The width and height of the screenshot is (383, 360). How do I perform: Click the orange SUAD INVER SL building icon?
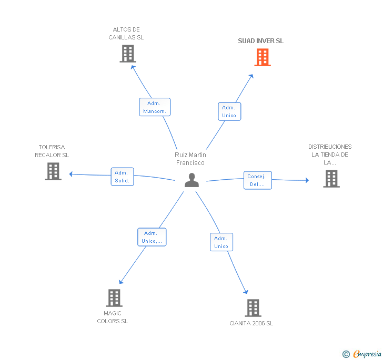tap(263, 57)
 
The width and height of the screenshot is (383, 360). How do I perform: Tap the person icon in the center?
tap(191, 180)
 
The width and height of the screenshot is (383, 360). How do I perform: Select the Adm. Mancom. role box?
tap(155, 107)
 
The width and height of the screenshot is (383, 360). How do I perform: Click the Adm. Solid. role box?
tap(123, 177)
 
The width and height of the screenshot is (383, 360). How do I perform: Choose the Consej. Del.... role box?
tap(258, 180)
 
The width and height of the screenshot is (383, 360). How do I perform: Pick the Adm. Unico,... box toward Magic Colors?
tap(152, 237)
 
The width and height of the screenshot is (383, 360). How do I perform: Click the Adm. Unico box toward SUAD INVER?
tap(229, 111)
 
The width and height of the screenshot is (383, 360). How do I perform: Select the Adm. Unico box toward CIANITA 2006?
tap(221, 242)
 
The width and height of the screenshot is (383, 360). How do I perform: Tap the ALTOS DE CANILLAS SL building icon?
tap(128, 54)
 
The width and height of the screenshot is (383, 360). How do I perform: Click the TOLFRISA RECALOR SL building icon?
tap(53, 171)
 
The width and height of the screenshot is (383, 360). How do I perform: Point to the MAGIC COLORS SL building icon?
tap(114, 298)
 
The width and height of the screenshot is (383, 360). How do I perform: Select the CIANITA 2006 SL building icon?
tap(253, 308)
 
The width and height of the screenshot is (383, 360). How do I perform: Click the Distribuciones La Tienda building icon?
tap(331, 179)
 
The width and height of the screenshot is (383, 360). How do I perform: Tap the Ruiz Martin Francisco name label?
tap(190, 159)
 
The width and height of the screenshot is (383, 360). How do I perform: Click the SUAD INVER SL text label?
tap(260, 41)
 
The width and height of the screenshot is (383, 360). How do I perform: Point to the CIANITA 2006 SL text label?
tap(251, 323)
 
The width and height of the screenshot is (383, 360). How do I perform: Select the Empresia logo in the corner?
tap(362, 354)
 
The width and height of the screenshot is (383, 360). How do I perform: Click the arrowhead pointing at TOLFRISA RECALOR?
tap(71, 174)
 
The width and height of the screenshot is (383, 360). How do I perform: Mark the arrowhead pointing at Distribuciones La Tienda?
tap(307, 180)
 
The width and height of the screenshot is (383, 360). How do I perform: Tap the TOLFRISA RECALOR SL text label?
tap(52, 151)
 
